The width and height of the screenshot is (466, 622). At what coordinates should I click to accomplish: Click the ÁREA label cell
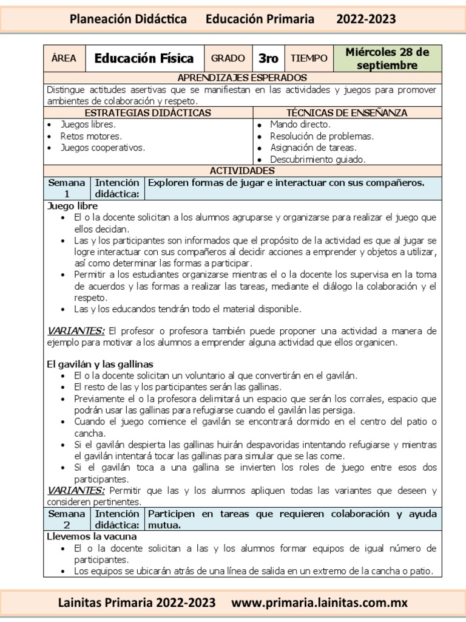tap(64, 58)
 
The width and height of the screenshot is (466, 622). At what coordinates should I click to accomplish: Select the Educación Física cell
tap(144, 58)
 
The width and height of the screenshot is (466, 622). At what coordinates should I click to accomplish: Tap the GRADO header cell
tap(228, 58)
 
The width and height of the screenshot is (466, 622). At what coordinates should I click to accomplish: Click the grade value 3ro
tap(268, 58)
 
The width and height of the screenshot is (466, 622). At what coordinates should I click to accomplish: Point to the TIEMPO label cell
tap(309, 58)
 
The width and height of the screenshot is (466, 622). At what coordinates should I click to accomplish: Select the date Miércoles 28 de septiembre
tap(387, 58)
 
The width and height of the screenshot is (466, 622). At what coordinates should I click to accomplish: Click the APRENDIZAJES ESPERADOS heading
tap(242, 78)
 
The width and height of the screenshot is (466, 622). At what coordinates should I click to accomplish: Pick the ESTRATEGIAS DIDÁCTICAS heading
tap(147, 113)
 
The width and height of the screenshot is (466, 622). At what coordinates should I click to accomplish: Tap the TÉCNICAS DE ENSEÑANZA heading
tap(346, 113)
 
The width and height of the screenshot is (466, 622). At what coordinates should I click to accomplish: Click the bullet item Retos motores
tap(91, 136)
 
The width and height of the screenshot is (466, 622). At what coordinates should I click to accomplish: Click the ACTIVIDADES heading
tap(242, 171)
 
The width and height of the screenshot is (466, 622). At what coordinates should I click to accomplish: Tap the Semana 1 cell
tap(67, 188)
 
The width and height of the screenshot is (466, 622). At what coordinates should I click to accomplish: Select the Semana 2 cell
tap(67, 519)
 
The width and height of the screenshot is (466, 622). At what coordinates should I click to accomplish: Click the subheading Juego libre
tap(72, 206)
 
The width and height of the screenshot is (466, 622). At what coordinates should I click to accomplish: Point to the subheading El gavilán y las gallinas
tap(100, 364)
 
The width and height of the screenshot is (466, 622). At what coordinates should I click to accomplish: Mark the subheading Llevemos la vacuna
tap(92, 536)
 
